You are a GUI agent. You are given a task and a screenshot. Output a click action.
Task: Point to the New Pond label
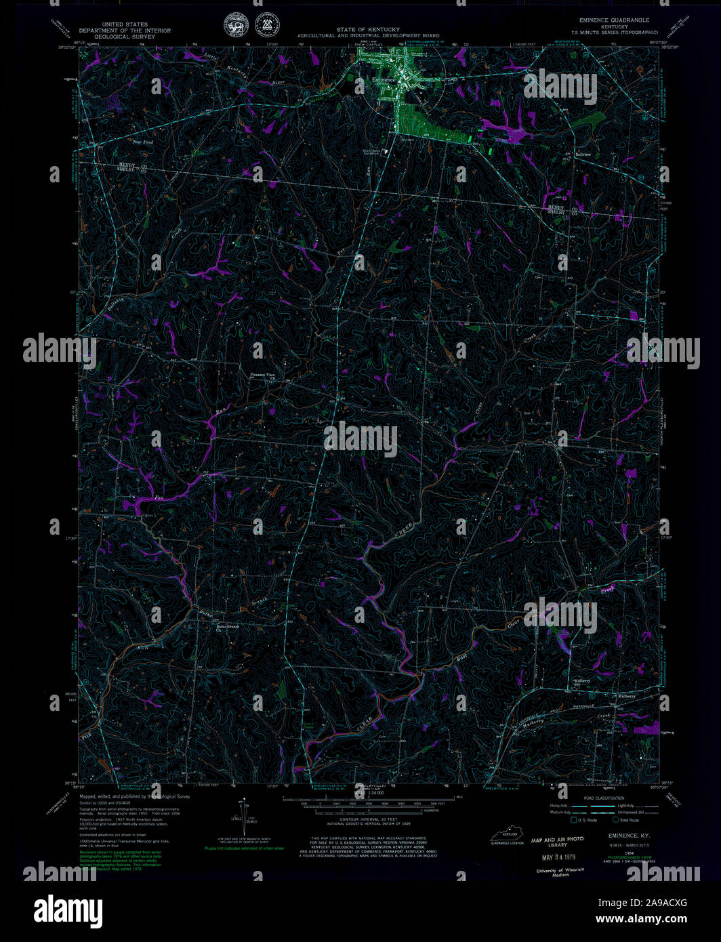pyautogui.click(x=142, y=143)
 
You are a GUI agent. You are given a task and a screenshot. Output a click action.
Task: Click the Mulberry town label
pyautogui.click(x=625, y=696)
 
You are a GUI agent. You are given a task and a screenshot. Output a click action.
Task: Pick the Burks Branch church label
pyautogui.click(x=227, y=628)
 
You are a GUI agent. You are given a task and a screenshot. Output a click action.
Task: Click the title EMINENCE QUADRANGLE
pyautogui.click(x=614, y=20)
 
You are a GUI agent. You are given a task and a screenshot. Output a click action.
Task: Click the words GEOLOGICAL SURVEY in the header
pyautogui.click(x=125, y=36)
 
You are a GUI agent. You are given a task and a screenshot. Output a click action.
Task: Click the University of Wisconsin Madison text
pyautogui.click(x=560, y=872)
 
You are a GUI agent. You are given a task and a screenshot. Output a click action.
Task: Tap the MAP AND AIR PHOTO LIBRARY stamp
pyautogui.click(x=557, y=842)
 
